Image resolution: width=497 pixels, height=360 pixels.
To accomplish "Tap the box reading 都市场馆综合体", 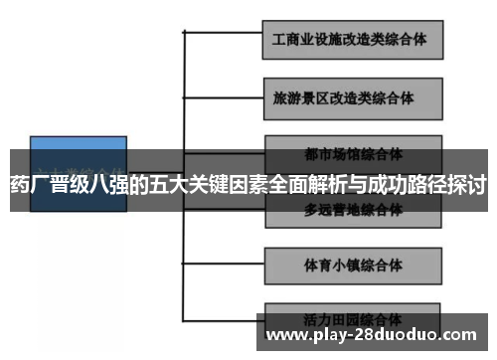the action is pyautogui.click(x=353, y=155).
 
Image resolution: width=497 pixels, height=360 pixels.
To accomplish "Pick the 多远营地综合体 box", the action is pyautogui.click(x=353, y=210).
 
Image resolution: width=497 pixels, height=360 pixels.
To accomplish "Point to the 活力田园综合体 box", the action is pyautogui.click(x=353, y=318).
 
